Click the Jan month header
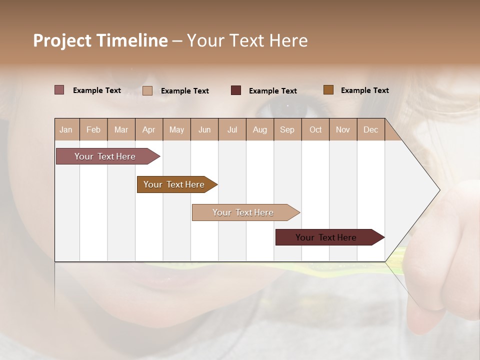click(x=66, y=129)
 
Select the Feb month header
click(x=93, y=129)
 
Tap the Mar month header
click(x=121, y=129)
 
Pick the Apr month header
click(x=149, y=129)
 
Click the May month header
click(x=176, y=129)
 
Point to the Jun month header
click(x=204, y=129)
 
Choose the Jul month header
click(x=232, y=129)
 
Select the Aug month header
click(x=260, y=129)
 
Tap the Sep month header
click(x=287, y=129)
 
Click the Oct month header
click(x=315, y=129)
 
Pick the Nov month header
click(x=343, y=129)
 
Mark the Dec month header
click(x=371, y=129)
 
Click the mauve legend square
click(x=59, y=90)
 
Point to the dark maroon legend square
click(x=236, y=90)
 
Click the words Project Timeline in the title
click(x=100, y=40)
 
